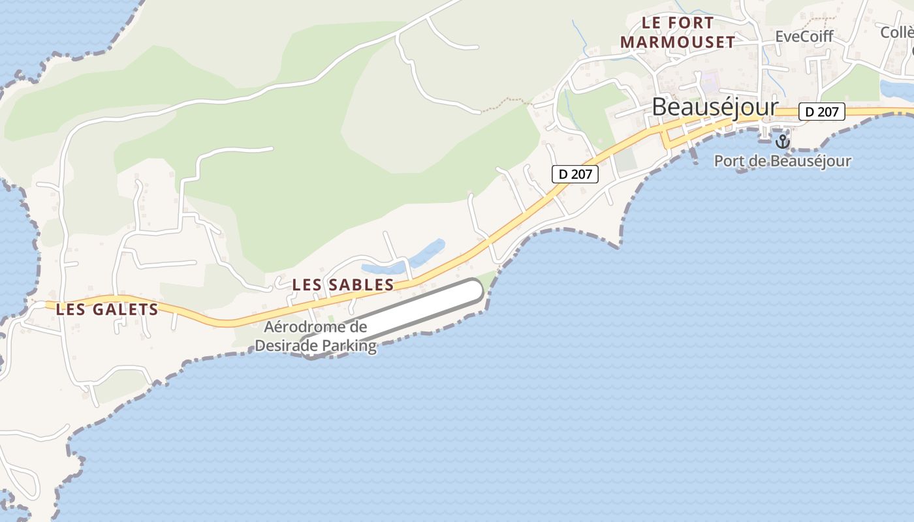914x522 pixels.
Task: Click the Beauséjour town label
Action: (715, 107)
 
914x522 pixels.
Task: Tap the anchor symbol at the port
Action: (782, 141)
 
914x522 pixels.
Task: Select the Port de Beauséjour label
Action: (782, 161)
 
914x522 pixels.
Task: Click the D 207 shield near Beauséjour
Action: (821, 112)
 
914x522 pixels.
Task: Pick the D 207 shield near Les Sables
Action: (575, 174)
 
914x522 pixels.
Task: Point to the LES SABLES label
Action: (343, 285)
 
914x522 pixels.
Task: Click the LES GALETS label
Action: (107, 309)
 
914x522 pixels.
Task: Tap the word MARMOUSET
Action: (678, 42)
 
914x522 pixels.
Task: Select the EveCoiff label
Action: (804, 37)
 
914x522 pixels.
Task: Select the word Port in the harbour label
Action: (729, 161)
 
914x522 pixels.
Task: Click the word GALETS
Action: (127, 309)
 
